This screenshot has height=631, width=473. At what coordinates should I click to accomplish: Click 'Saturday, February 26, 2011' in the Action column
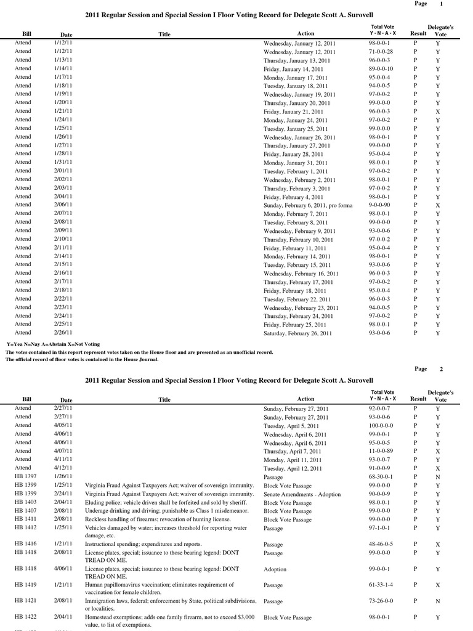pos(297,333)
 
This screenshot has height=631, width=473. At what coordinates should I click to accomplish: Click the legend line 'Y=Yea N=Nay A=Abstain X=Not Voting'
pos(53,344)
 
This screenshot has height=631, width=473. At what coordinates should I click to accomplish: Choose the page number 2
pos(441,369)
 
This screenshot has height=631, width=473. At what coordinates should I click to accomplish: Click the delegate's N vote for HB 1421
pos(437,601)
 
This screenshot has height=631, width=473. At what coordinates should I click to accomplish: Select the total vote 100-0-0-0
pos(383,426)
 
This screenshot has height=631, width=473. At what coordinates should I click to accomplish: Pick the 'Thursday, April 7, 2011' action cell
pos(293,451)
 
